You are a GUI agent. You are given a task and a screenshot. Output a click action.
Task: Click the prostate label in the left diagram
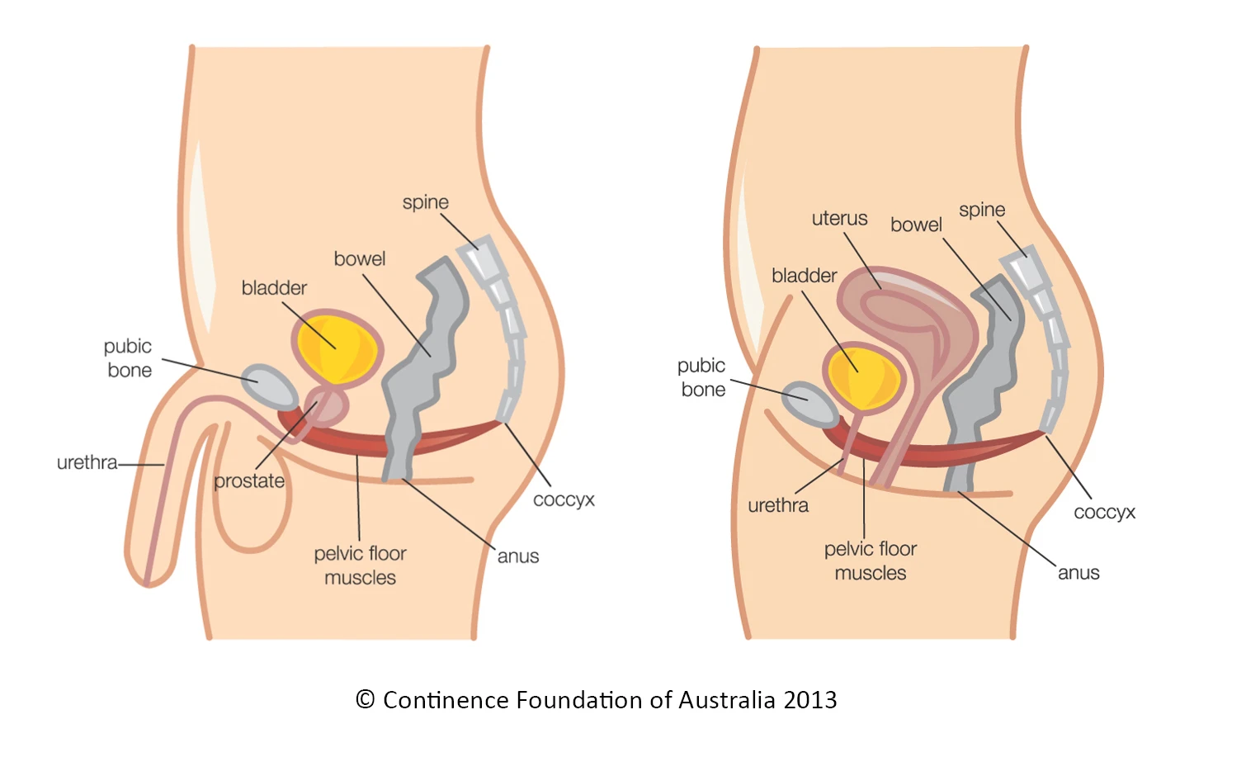[x=249, y=481]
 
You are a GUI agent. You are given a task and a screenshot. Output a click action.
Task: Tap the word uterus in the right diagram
[x=839, y=219]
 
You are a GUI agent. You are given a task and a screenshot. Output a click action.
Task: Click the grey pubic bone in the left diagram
[x=268, y=386]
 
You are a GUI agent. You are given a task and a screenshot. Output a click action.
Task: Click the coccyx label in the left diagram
[x=564, y=499]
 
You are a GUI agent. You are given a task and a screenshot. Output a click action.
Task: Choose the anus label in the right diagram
[x=1078, y=573]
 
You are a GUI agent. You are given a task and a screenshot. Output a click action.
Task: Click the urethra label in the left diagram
[x=87, y=462]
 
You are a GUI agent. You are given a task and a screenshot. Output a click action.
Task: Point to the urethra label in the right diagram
[x=778, y=505]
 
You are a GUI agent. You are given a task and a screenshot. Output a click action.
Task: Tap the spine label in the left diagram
[x=426, y=203]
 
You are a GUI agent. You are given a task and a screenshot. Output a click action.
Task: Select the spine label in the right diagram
[x=982, y=211]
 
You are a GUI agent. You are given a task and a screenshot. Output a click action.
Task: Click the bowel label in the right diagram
[x=916, y=225]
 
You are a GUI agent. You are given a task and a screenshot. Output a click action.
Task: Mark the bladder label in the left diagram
[x=274, y=288]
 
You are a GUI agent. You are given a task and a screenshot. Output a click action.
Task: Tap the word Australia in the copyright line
[x=727, y=700]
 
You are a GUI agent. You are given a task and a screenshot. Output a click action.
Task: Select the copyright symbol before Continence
[x=365, y=700]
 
